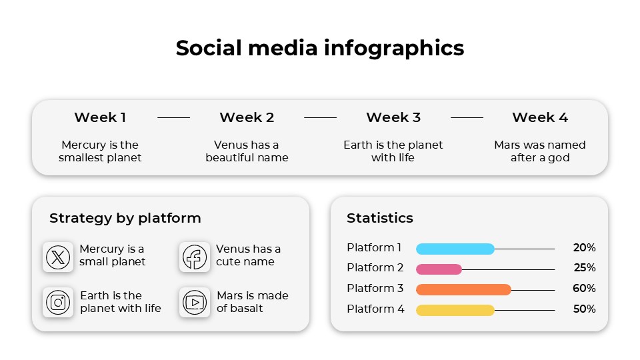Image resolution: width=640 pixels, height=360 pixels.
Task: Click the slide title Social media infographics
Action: pyautogui.click(x=320, y=48)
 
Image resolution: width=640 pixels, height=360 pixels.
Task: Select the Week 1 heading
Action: pyautogui.click(x=100, y=117)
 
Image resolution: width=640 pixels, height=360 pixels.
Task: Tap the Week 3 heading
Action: pyautogui.click(x=393, y=117)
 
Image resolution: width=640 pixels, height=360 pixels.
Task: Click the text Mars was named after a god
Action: pyautogui.click(x=540, y=151)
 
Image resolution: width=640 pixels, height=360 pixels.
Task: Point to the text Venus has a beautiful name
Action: pyautogui.click(x=247, y=151)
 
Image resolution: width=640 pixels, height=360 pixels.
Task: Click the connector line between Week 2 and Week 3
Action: pyautogui.click(x=320, y=118)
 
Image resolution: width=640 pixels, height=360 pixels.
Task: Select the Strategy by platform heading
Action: pyautogui.click(x=125, y=218)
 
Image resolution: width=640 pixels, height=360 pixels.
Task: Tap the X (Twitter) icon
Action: pyautogui.click(x=58, y=257)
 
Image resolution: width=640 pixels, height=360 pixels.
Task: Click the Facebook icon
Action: pyautogui.click(x=195, y=257)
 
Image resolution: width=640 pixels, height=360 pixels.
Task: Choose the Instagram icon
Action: pyautogui.click(x=58, y=302)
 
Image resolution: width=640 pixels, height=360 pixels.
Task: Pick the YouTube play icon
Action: pyautogui.click(x=195, y=302)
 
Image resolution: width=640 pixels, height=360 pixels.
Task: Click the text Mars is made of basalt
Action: pyautogui.click(x=253, y=302)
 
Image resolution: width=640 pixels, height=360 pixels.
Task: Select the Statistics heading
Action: pyautogui.click(x=380, y=218)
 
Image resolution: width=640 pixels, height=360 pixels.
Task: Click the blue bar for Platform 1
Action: pyautogui.click(x=455, y=249)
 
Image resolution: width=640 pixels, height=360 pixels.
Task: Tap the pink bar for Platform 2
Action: pyautogui.click(x=439, y=269)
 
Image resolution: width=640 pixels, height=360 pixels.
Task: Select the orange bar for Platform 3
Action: pyautogui.click(x=463, y=289)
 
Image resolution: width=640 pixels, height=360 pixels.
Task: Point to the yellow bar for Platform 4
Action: pyautogui.click(x=455, y=310)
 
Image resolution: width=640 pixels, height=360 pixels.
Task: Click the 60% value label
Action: pyautogui.click(x=584, y=289)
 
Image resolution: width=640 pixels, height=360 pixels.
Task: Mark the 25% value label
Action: pyautogui.click(x=584, y=268)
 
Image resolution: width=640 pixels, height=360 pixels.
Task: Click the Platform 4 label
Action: pyautogui.click(x=375, y=309)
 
